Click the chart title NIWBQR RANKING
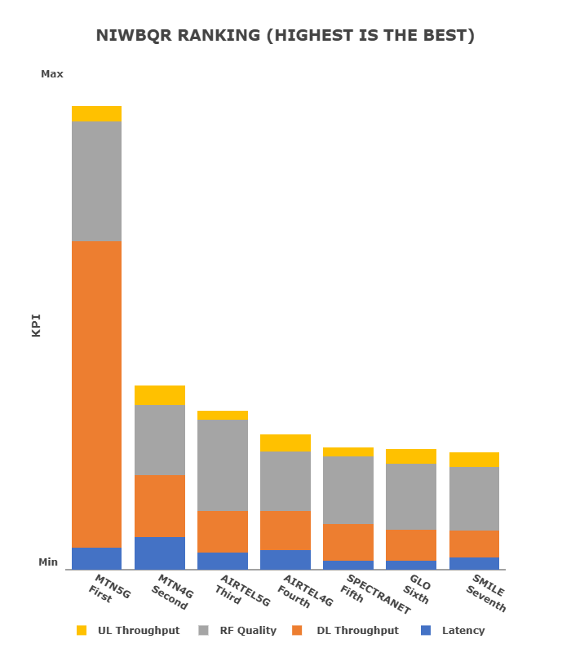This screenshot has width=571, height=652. tap(285, 36)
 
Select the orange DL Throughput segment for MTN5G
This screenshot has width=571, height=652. tap(96, 394)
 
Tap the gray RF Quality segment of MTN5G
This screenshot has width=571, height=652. tap(96, 181)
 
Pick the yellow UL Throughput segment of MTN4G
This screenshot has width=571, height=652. tap(160, 395)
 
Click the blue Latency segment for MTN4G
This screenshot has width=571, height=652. tap(160, 553)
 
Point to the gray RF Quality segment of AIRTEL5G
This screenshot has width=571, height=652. tap(223, 465)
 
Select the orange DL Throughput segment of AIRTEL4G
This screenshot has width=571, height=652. tap(285, 531)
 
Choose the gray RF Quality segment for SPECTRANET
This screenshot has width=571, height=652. tap(348, 490)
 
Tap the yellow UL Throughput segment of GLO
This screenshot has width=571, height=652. tap(411, 456)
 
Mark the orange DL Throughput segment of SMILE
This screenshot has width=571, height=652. tap(474, 544)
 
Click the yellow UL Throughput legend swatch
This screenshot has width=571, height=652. tap(82, 630)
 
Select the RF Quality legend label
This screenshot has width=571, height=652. tap(248, 630)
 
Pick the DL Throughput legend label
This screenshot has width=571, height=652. tap(357, 630)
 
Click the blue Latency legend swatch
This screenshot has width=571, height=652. tap(426, 630)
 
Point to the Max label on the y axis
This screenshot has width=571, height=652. tap(52, 74)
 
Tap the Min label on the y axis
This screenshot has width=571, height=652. tap(49, 562)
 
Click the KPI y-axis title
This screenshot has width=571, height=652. tap(36, 325)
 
